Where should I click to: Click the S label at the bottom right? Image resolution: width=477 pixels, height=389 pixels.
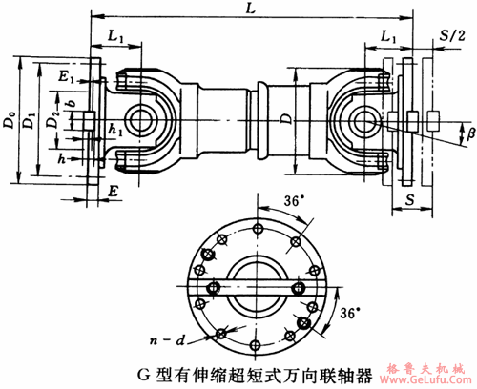407,201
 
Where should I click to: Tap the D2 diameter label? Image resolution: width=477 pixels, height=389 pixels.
55,121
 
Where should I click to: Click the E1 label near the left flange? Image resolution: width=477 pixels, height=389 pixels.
63,75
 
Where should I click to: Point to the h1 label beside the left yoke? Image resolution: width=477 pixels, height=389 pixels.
114,128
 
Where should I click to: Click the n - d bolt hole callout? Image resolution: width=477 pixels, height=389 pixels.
168,340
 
